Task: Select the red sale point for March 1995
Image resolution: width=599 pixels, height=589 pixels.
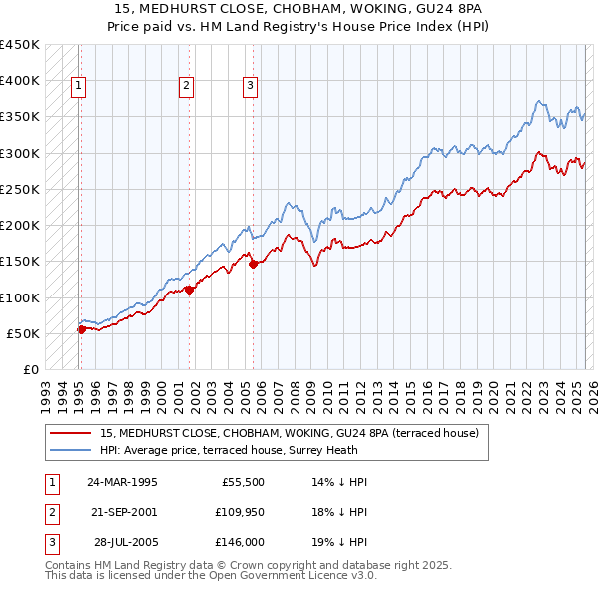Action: (81, 329)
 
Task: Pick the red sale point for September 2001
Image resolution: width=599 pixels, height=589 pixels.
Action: (189, 291)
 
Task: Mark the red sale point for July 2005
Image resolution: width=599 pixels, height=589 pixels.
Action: (253, 264)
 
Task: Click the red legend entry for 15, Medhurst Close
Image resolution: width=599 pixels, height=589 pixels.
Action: (290, 433)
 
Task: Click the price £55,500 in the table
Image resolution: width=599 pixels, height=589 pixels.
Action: (241, 482)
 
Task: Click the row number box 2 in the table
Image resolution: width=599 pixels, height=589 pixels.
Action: (49, 512)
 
